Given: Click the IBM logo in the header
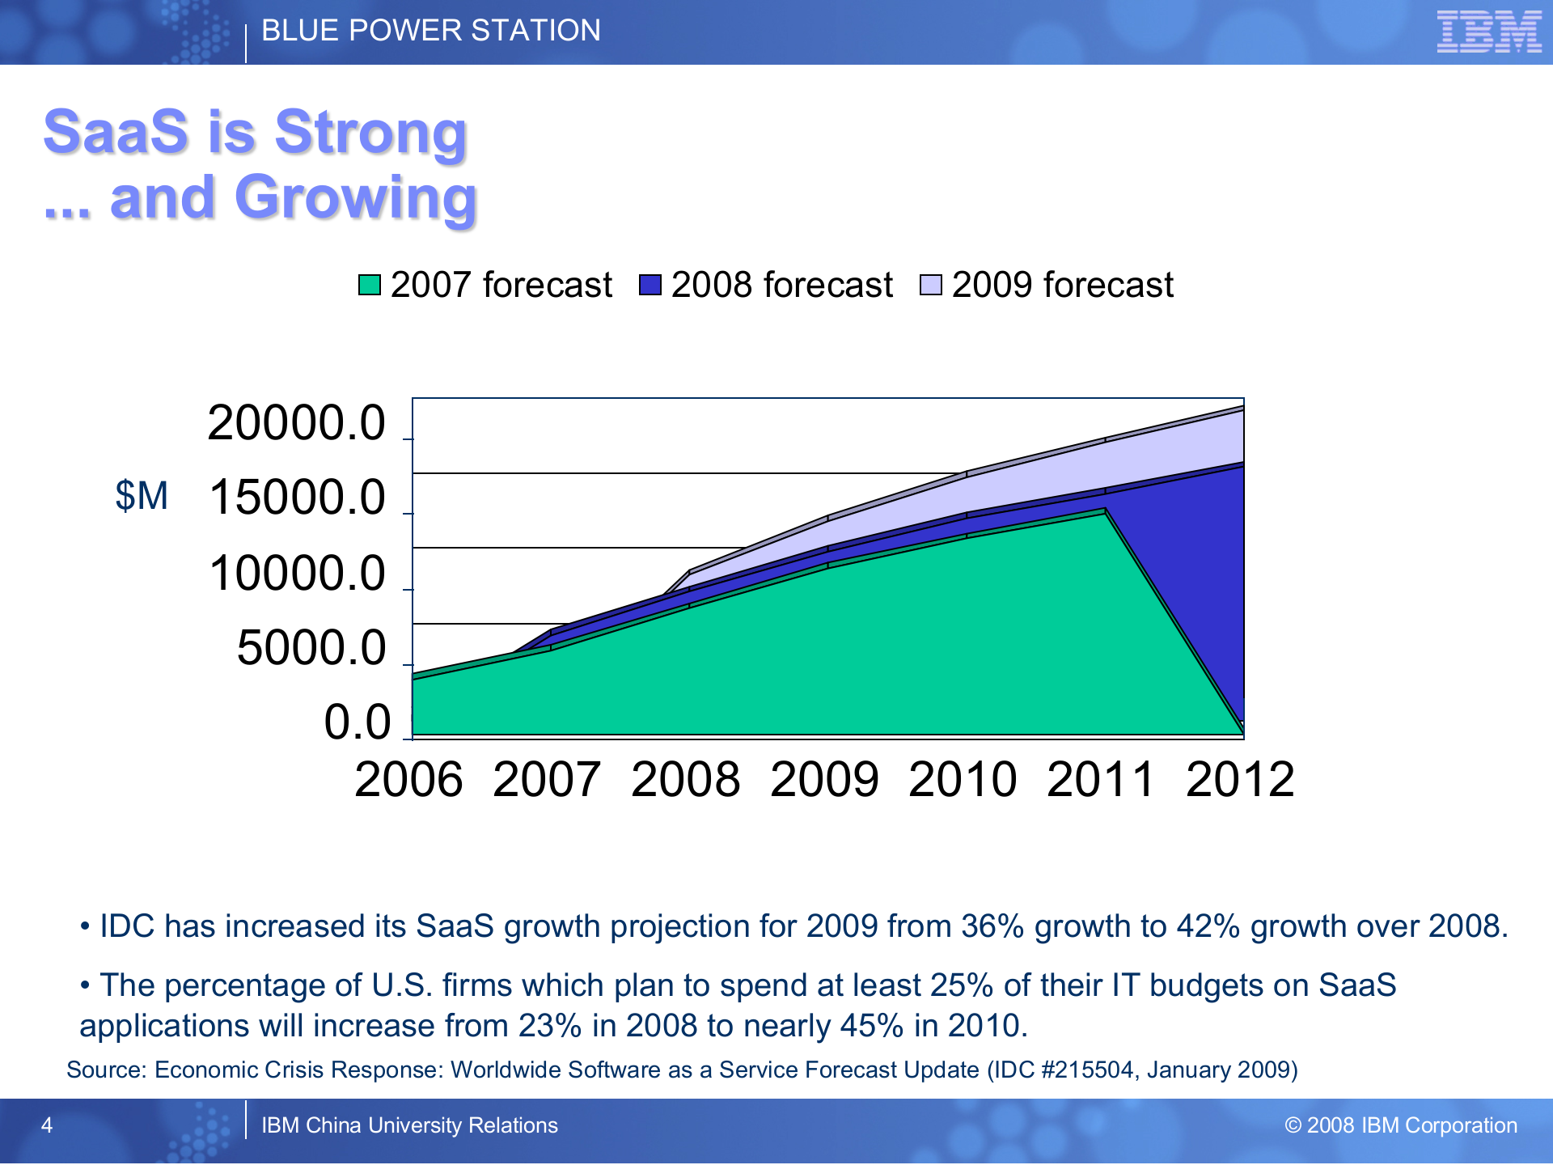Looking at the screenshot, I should point(1488,32).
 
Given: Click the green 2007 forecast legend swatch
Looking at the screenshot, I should point(370,285).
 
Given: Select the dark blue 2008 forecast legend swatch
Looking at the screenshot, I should point(650,285).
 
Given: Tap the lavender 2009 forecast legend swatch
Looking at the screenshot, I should point(931,285).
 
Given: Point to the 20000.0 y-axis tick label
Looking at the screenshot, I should point(297,422).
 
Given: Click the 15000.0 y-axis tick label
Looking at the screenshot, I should point(297,497).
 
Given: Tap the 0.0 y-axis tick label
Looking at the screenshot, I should point(357,722).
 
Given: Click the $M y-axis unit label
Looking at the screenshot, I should point(142,495).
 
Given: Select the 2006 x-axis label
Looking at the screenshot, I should point(408,780).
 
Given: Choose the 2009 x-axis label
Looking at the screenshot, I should point(824,780).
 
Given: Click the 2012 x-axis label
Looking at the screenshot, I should point(1240,780).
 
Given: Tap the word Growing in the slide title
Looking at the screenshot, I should point(356,198).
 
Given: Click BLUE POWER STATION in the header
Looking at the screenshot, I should point(431,31).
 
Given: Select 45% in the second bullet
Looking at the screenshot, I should point(871,1026).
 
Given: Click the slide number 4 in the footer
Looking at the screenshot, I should point(47,1125).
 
